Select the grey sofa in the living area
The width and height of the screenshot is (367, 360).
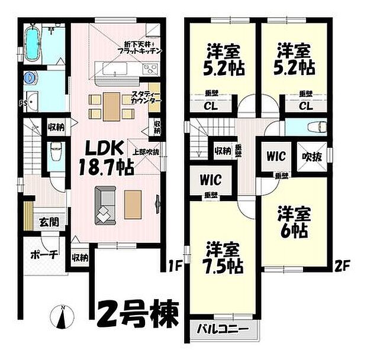point(105,205)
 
